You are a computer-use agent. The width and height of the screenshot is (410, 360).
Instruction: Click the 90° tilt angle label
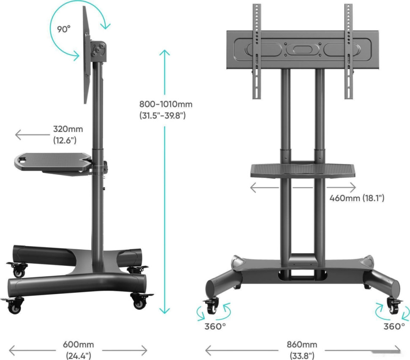tap(64, 29)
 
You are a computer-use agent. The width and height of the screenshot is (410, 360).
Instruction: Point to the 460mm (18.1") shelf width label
tap(357, 198)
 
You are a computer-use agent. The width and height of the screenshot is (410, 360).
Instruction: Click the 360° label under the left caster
tap(215, 326)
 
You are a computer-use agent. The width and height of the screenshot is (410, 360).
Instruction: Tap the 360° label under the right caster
tap(394, 326)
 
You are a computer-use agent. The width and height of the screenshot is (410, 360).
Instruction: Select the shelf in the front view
tap(303, 171)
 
